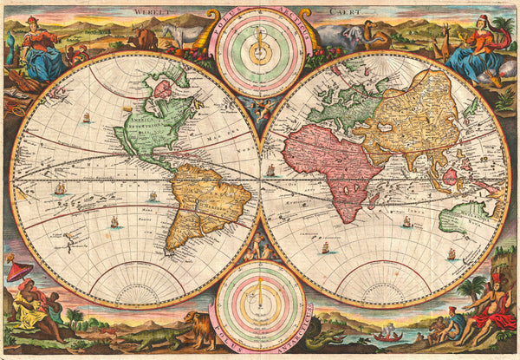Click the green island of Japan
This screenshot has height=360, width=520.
pos(471,108)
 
